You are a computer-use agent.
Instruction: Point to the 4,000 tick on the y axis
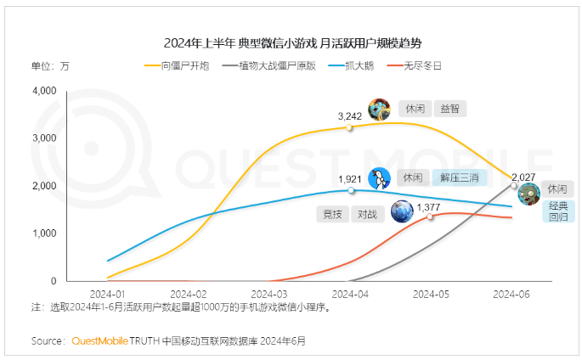point(43,90)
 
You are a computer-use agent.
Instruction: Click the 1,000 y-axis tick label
point(43,233)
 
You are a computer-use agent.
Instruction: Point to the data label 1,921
point(350,180)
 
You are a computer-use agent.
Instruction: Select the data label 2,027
point(523,177)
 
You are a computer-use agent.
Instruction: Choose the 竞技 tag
point(333,214)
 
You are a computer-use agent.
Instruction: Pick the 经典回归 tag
point(558,211)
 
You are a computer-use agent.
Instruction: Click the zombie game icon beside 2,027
point(528,194)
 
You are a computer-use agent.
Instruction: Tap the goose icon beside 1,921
point(380,178)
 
